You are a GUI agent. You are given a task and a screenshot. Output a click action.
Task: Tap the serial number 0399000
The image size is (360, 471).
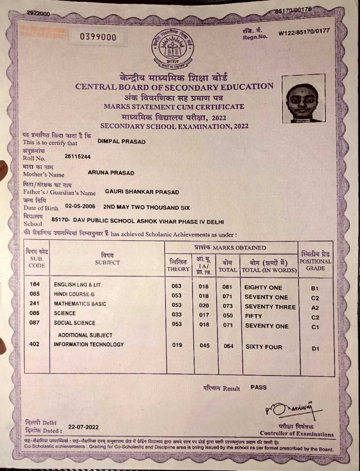(98, 37)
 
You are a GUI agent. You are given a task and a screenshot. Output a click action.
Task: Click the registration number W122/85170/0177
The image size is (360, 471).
(304, 32)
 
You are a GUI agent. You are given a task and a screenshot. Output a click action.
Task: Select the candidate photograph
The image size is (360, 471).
(304, 99)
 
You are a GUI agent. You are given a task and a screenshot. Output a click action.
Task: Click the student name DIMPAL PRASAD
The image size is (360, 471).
(121, 142)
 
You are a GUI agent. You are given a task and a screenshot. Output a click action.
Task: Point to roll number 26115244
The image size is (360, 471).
(78, 157)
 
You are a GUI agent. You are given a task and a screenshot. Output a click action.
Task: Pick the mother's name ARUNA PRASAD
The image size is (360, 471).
(111, 173)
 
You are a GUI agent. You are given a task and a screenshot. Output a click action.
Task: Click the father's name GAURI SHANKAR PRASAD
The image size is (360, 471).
(142, 192)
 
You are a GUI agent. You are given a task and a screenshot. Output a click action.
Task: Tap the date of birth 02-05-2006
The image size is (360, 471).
(80, 207)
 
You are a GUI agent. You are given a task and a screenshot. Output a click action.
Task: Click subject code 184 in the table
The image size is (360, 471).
(34, 284)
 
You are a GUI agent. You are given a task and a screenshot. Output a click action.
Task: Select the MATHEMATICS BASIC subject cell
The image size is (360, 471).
(80, 304)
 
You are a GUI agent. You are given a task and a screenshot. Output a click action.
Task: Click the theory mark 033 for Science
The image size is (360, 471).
(177, 315)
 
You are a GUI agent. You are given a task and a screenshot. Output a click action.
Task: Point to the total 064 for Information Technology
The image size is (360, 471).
(229, 346)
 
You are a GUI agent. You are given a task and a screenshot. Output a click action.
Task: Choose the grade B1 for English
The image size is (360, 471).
(315, 288)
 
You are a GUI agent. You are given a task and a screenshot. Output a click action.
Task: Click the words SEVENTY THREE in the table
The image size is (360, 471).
(270, 307)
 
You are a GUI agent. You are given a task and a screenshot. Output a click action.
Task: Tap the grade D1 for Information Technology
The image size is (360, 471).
(315, 349)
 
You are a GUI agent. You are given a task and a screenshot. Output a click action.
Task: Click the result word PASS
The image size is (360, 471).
(259, 387)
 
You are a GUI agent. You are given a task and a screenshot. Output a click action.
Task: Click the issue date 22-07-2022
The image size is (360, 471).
(83, 427)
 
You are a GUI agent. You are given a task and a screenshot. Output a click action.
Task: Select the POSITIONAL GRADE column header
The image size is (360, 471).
(315, 261)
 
